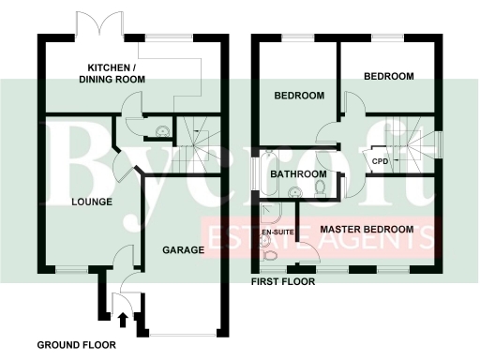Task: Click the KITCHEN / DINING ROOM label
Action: tap(116, 74)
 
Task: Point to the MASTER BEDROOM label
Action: tap(367, 230)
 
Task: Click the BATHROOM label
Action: tap(298, 174)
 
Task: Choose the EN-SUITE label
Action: tap(275, 230)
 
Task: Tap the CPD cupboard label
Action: tap(380, 161)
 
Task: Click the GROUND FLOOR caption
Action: tap(77, 345)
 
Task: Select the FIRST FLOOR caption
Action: tap(283, 281)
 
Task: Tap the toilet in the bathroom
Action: tap(320, 189)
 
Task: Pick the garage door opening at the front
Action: tap(183, 335)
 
